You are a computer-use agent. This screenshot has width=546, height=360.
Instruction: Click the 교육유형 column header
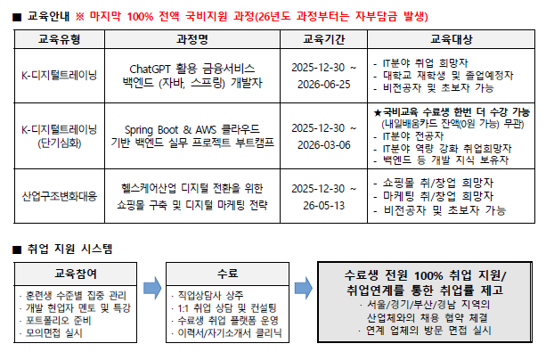point(59,39)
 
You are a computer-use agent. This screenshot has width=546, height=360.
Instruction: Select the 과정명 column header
point(192,39)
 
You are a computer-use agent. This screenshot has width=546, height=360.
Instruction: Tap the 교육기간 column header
point(324,39)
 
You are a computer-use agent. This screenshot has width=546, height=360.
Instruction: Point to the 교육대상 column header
point(452,39)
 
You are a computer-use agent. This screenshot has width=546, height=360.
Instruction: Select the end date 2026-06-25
point(324,85)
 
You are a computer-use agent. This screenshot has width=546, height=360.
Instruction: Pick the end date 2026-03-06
point(324,145)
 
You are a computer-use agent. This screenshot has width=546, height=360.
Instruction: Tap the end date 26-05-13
point(324,206)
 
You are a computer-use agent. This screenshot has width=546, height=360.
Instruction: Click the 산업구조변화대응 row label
point(60,197)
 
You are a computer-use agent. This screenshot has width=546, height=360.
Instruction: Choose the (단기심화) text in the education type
point(60,143)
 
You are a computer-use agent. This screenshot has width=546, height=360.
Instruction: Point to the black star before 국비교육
point(378,112)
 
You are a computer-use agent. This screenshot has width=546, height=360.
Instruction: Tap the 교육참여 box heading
point(76,274)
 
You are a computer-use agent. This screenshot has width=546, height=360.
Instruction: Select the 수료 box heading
point(227,274)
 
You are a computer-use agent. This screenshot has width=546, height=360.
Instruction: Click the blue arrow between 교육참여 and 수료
point(152,288)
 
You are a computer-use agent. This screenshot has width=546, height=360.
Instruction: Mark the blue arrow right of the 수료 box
point(304,288)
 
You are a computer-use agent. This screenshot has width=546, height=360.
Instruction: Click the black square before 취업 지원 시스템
point(17,250)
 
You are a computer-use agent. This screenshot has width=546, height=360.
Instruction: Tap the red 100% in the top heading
point(140,17)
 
